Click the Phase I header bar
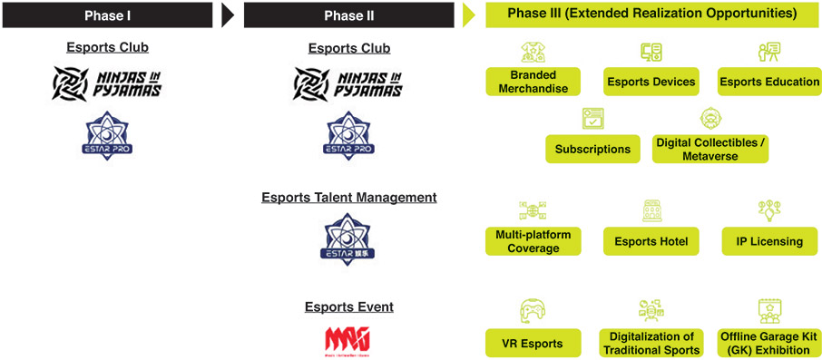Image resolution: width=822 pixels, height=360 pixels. click(x=107, y=15)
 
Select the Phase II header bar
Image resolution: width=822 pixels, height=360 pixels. click(x=348, y=15)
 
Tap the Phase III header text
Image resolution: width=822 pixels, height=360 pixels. click(x=651, y=14)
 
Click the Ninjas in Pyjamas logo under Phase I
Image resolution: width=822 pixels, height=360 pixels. click(x=107, y=83)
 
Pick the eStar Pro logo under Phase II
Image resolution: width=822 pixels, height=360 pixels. click(x=348, y=136)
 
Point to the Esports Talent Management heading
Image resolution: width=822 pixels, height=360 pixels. click(x=348, y=197)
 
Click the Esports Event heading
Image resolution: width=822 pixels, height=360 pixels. click(x=348, y=306)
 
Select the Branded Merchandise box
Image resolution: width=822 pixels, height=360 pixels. click(x=533, y=82)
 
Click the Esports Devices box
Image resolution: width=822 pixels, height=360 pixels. click(x=651, y=82)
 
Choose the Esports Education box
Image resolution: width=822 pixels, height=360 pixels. click(x=769, y=82)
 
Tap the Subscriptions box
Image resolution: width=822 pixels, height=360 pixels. click(x=592, y=149)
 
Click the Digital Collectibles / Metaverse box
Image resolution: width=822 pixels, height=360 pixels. click(x=709, y=149)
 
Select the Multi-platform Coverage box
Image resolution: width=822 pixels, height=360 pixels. click(x=533, y=241)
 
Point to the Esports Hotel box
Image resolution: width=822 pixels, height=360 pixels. click(x=651, y=241)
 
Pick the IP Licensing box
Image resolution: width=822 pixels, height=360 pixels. click(x=769, y=241)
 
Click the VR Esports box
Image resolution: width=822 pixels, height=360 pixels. click(x=533, y=344)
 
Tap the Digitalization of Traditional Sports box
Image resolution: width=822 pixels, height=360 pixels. click(x=651, y=344)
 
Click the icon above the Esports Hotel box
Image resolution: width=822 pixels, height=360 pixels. click(x=651, y=211)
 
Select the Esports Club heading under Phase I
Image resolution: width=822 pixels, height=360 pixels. click(x=107, y=47)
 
